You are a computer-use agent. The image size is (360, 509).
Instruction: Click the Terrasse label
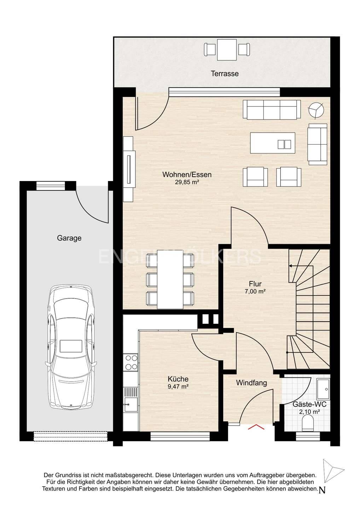click(225, 74)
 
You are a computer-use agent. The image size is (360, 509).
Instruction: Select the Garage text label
click(69, 238)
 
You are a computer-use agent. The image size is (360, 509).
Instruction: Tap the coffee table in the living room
click(273, 143)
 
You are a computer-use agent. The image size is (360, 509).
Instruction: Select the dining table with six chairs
click(170, 279)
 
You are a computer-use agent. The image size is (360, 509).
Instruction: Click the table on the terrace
click(227, 50)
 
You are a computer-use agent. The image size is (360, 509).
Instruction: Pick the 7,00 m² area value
click(255, 291)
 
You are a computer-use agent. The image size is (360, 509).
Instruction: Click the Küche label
click(178, 379)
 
